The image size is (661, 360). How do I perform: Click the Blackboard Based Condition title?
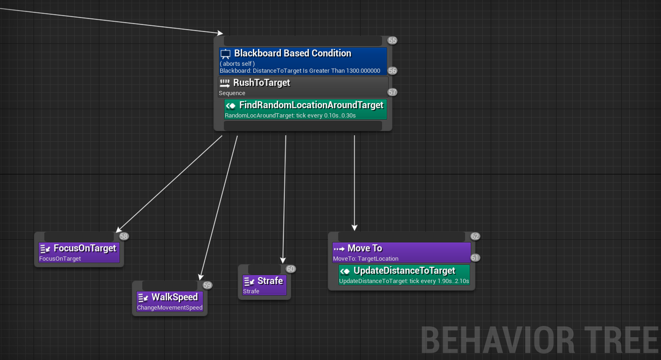click(x=292, y=54)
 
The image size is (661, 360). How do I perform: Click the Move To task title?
click(x=365, y=249)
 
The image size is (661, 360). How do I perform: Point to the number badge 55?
click(x=392, y=41)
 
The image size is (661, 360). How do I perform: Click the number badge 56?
click(x=392, y=71)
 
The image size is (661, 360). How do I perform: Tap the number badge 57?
click(x=392, y=92)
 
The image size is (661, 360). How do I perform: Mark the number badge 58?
click(x=124, y=236)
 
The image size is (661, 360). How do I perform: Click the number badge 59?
click(x=207, y=285)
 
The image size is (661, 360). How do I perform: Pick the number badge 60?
click(x=291, y=269)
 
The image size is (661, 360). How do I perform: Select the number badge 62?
click(x=475, y=236)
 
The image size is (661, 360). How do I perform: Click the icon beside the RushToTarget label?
click(x=225, y=83)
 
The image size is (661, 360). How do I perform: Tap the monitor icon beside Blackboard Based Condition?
click(x=226, y=54)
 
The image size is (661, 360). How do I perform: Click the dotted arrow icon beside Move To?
click(x=339, y=249)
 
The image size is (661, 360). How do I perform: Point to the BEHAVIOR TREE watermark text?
click(x=540, y=340)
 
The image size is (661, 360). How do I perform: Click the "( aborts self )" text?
click(x=237, y=63)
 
